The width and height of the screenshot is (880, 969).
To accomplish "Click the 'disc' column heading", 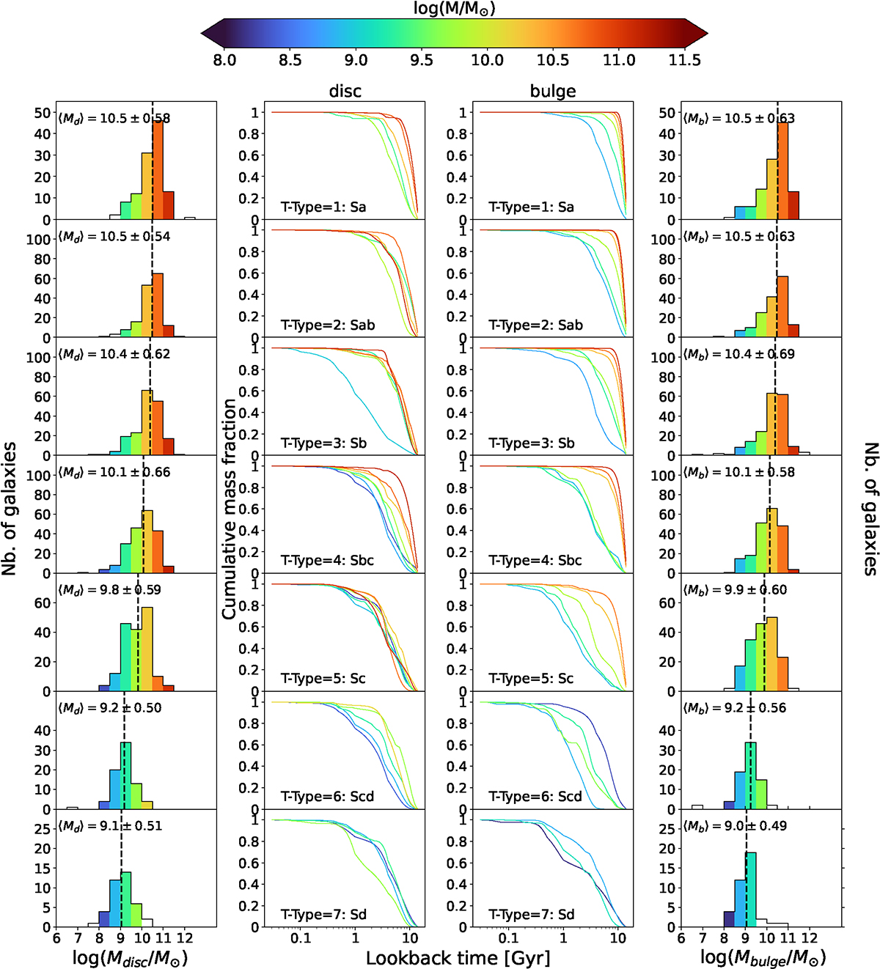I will pyautogui.click(x=345, y=91).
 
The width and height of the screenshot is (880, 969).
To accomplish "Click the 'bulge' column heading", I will pyautogui.click(x=553, y=91).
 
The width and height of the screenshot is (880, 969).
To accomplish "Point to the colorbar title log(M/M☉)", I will pyautogui.click(x=454, y=9).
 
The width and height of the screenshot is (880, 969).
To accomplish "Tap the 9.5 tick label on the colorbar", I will pyautogui.click(x=421, y=60).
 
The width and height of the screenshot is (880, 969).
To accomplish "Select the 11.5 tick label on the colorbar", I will pyautogui.click(x=684, y=60).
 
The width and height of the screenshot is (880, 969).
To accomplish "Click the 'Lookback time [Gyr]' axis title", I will pyautogui.click(x=458, y=958).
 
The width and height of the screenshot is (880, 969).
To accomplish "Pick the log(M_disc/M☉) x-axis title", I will pyautogui.click(x=130, y=958).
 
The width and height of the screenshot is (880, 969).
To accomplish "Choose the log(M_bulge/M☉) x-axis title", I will pyautogui.click(x=763, y=958).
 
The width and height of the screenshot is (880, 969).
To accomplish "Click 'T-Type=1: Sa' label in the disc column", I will pyautogui.click(x=323, y=207).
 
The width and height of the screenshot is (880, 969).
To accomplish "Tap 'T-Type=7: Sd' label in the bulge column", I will pyautogui.click(x=532, y=914).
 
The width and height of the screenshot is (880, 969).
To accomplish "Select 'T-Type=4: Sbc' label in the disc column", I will pyautogui.click(x=327, y=561).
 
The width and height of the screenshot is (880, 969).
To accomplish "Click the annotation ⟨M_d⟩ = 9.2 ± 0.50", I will pyautogui.click(x=110, y=708).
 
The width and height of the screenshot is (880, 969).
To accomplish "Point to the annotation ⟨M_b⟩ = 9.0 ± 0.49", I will pyautogui.click(x=735, y=826).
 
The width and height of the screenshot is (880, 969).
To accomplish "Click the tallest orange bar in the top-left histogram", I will pyautogui.click(x=158, y=169).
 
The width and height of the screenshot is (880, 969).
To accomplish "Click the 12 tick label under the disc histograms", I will pyautogui.click(x=185, y=937).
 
